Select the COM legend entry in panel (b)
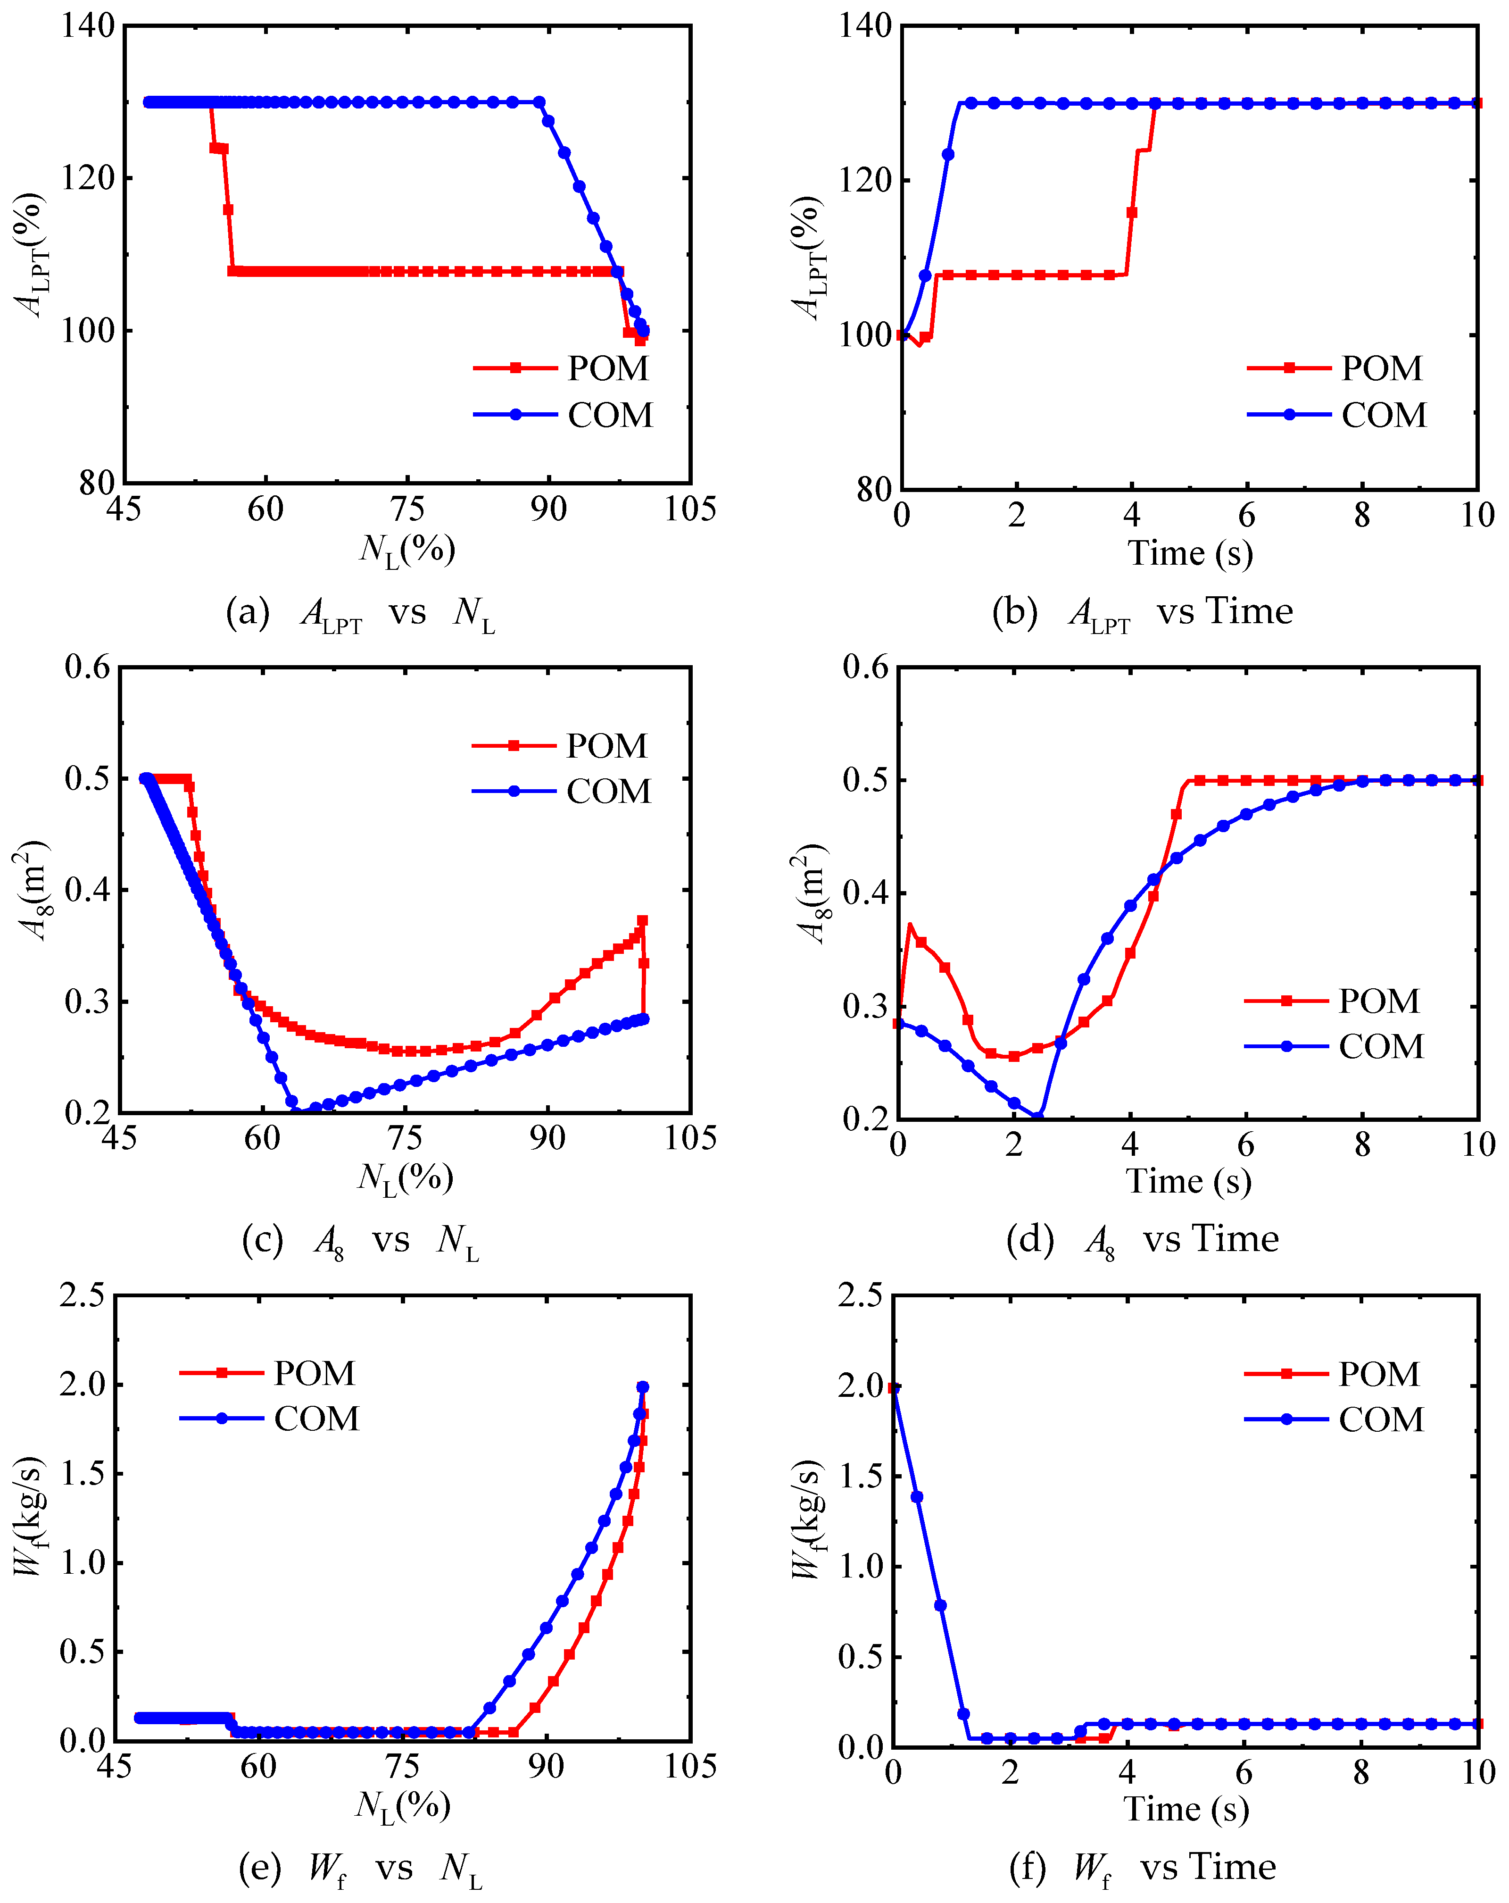(x=1383, y=415)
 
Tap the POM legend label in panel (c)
(x=606, y=746)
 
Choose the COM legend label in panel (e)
(x=316, y=1419)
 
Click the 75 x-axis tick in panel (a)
(x=407, y=509)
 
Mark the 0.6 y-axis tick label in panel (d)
(x=866, y=668)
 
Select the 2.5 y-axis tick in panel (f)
(x=861, y=1296)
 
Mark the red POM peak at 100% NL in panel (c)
(x=642, y=921)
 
